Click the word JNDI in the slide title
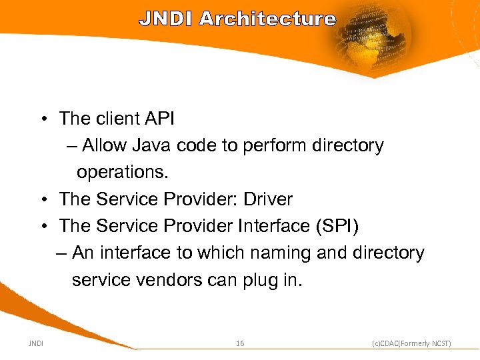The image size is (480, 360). [166, 19]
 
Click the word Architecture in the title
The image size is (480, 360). [267, 19]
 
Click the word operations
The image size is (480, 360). [123, 172]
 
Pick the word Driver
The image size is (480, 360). [267, 199]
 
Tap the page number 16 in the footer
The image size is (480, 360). [240, 343]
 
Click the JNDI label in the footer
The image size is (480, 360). [36, 343]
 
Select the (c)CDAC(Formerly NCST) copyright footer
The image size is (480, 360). [411, 343]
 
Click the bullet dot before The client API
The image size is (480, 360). [43, 119]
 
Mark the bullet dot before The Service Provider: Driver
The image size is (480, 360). [43, 200]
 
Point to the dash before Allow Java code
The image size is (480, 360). [71, 146]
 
